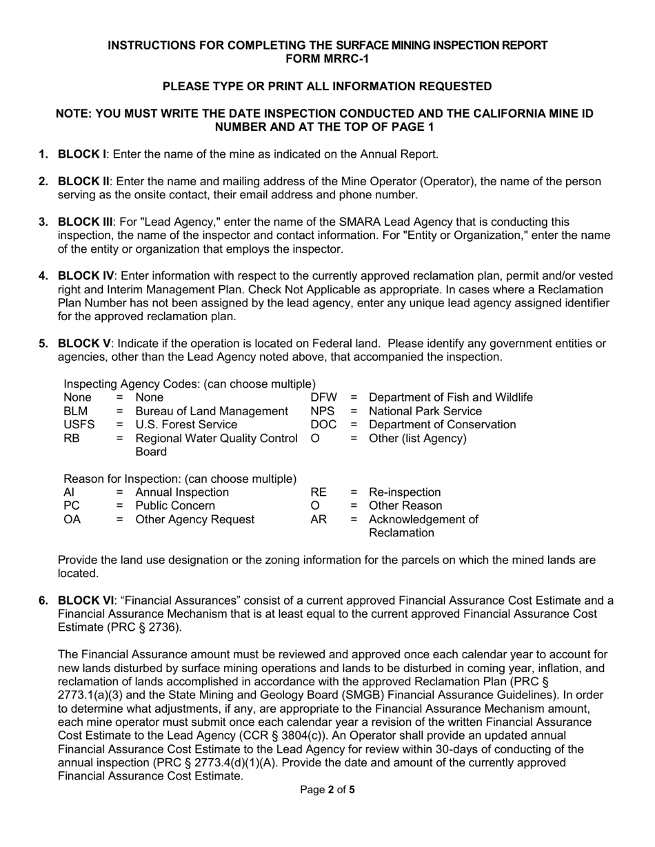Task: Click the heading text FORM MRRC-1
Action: [327, 59]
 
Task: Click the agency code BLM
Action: [75, 411]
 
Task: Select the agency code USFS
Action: [79, 425]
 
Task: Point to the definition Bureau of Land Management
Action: [207, 411]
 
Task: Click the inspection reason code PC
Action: [72, 506]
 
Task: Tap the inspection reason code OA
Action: [72, 520]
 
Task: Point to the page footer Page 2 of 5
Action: [327, 790]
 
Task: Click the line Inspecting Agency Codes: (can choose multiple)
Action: [190, 384]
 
